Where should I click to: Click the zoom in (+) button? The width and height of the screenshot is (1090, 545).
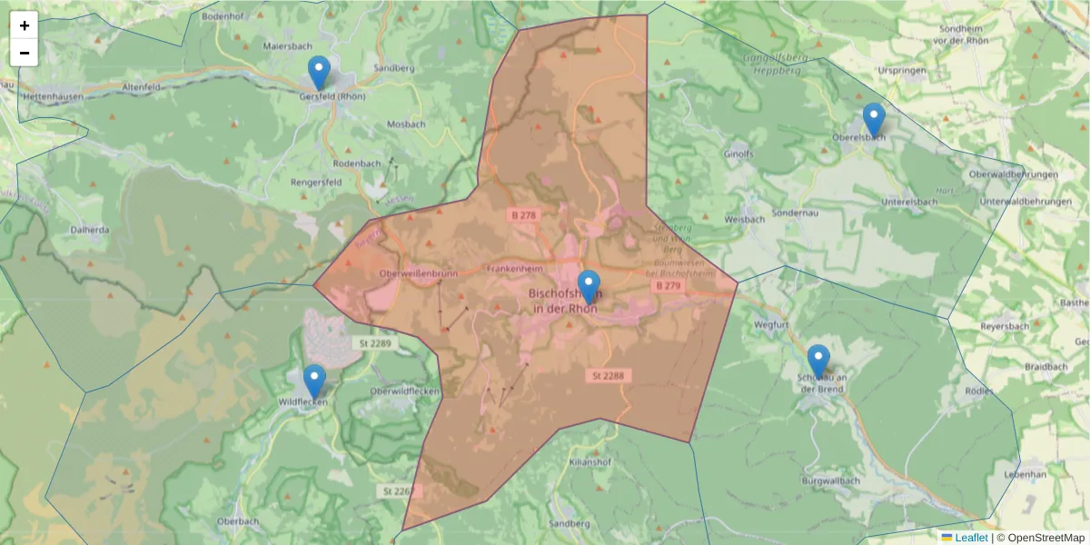click(25, 25)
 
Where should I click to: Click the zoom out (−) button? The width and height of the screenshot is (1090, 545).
click(25, 53)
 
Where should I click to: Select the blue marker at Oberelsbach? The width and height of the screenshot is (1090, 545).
click(874, 120)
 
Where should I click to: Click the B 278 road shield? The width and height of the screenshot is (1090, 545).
click(522, 214)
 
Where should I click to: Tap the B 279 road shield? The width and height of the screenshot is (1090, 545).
click(668, 285)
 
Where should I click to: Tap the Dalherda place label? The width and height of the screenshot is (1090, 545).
click(90, 230)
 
